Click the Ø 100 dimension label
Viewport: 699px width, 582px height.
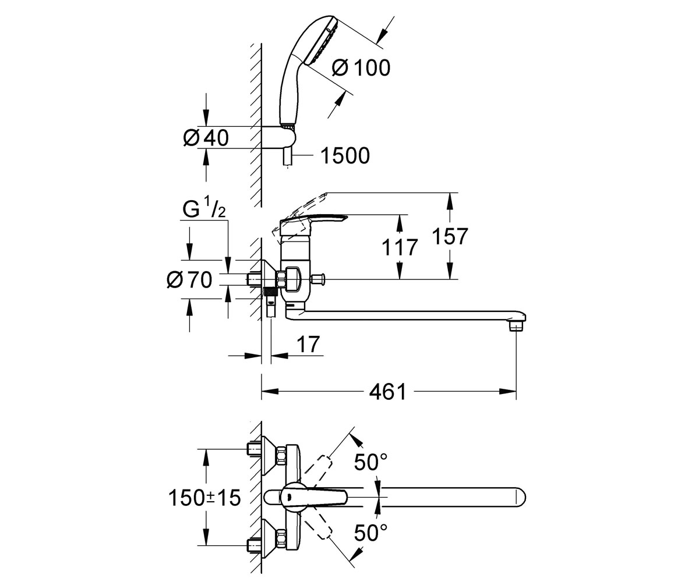coord(361,68)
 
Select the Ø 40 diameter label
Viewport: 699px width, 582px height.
coord(206,137)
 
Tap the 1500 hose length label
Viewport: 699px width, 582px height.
coord(345,155)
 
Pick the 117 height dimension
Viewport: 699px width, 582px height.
coord(400,247)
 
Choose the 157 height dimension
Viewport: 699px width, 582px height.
coord(450,236)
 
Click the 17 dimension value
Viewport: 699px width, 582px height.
coord(308,344)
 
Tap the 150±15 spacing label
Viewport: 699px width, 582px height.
coord(204,498)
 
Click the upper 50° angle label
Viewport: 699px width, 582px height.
coord(370,463)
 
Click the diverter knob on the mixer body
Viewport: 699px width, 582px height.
coord(319,279)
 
